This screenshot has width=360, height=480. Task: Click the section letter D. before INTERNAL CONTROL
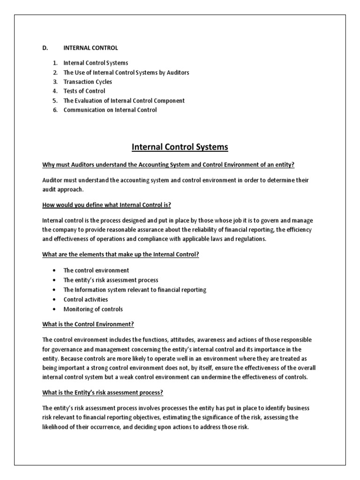click(45, 48)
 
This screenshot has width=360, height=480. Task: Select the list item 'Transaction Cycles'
click(88, 82)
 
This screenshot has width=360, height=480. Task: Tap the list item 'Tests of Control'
click(84, 91)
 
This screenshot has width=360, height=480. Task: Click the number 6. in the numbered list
click(54, 110)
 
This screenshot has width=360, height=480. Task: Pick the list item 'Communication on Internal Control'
click(110, 110)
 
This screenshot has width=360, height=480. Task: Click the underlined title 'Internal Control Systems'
click(180, 147)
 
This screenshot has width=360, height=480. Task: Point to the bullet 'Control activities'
click(86, 300)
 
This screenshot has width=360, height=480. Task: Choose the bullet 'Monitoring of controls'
click(93, 309)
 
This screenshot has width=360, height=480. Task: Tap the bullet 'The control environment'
click(96, 270)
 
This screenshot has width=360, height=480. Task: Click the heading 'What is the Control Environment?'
click(88, 324)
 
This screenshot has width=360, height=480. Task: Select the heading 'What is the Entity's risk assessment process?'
click(103, 392)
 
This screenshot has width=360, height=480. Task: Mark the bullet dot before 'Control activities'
click(55, 300)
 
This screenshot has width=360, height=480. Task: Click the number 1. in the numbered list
click(54, 63)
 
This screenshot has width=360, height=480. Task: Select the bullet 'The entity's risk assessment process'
click(111, 280)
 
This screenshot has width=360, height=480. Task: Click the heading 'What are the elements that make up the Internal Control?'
click(122, 255)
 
